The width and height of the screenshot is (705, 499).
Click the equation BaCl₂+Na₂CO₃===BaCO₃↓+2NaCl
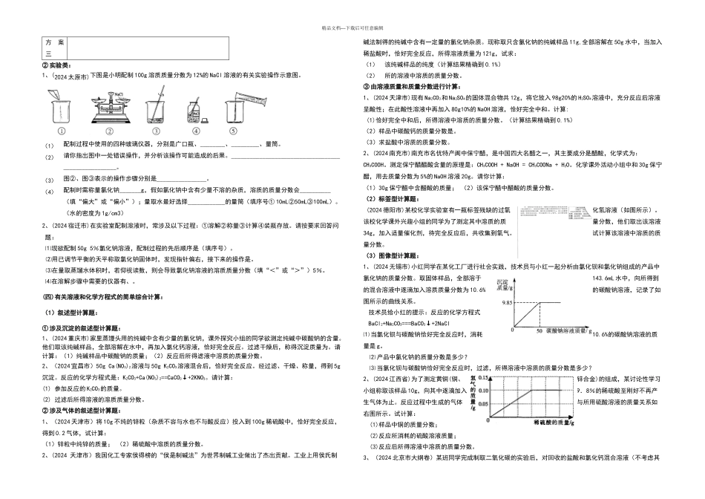click(x=404, y=345)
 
